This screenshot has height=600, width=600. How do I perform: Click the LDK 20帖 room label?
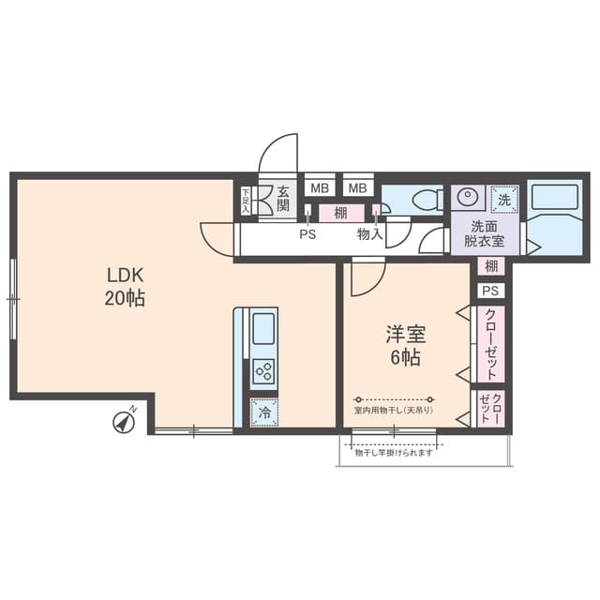(125, 287)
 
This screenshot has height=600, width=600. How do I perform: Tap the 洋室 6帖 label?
(404, 344)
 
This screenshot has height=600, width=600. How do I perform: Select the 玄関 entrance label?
(284, 200)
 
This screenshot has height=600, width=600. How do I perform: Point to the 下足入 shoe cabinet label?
(246, 200)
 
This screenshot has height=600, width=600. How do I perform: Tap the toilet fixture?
(422, 199)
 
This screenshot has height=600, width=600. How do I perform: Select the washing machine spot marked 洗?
(503, 199)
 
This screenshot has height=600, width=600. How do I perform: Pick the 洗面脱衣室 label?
(487, 233)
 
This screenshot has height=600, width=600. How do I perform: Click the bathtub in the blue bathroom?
(554, 199)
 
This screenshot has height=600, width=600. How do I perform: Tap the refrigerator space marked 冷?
(263, 411)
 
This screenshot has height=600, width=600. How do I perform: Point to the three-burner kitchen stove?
(263, 369)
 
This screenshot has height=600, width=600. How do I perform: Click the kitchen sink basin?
(263, 329)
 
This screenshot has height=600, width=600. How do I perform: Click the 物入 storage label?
(368, 235)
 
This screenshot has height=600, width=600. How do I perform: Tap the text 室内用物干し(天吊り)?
(394, 411)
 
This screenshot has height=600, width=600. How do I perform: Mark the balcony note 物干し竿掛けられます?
(394, 453)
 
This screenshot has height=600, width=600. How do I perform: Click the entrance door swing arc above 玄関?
(278, 153)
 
